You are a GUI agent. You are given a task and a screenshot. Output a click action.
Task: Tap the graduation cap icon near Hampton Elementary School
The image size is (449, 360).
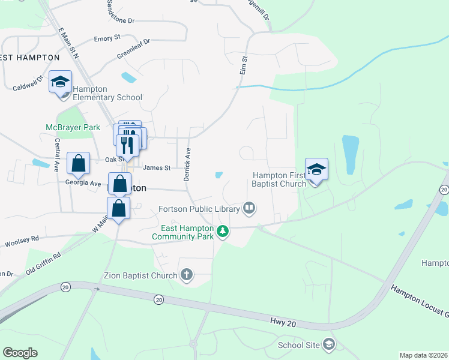click(x=60, y=82)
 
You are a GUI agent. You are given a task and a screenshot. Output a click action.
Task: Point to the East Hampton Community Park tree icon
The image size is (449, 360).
click(x=223, y=231)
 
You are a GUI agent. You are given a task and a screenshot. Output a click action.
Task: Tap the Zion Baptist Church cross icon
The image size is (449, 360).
click(x=187, y=275)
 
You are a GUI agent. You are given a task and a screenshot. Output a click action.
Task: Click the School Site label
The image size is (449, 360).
click(x=298, y=345)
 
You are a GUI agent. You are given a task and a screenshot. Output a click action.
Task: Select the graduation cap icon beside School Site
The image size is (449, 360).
click(x=328, y=344)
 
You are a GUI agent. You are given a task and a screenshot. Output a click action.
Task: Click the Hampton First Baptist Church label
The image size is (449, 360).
click(x=280, y=179)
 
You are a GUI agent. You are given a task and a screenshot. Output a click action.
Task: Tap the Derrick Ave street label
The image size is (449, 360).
click(x=187, y=164)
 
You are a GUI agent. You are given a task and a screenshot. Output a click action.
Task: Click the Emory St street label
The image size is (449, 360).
click(x=107, y=38)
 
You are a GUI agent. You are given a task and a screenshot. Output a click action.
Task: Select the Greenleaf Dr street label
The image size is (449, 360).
click(x=133, y=49)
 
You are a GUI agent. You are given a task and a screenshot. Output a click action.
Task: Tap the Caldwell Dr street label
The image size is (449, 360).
click(x=28, y=83)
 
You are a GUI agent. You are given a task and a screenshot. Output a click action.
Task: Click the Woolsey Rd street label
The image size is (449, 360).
click(x=22, y=241)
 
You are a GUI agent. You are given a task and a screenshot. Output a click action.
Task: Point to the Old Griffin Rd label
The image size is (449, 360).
click(x=43, y=264)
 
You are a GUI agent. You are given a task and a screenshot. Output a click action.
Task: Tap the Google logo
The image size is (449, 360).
click(x=20, y=353)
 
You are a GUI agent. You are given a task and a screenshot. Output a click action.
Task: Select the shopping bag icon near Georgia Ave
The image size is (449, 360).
click(x=78, y=163)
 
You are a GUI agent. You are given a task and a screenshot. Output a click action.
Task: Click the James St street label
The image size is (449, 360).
click(x=157, y=168)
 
